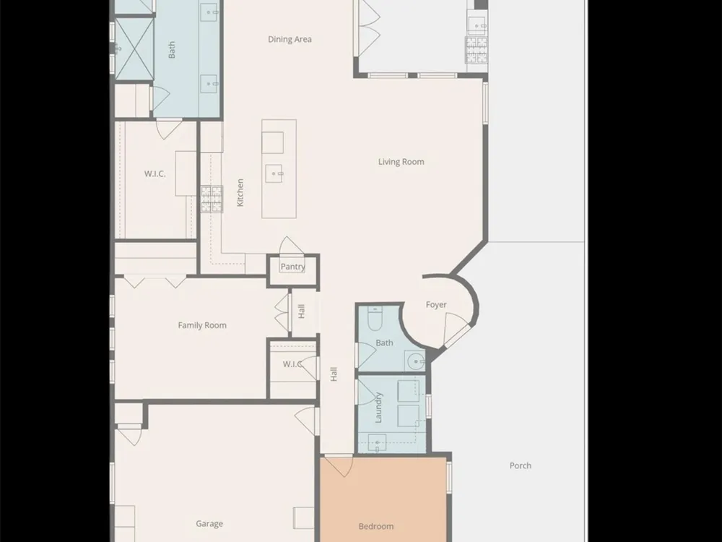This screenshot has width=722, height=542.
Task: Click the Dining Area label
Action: pyautogui.click(x=290, y=39)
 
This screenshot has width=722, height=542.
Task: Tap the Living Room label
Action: pyautogui.click(x=401, y=162)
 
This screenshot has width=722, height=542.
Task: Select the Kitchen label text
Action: pyautogui.click(x=240, y=193)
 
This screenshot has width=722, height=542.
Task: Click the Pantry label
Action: pyautogui.click(x=293, y=267)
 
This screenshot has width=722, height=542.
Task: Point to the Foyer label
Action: pyautogui.click(x=436, y=305)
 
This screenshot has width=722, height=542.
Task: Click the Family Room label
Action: pyautogui.click(x=202, y=325)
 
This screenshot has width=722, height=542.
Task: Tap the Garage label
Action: pyautogui.click(x=209, y=523)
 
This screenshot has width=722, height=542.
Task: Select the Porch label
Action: pyautogui.click(x=521, y=465)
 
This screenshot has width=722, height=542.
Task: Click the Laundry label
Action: pyautogui.click(x=378, y=408)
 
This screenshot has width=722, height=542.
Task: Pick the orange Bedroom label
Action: pyautogui.click(x=376, y=526)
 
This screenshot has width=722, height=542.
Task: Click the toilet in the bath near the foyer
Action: pyautogui.click(x=374, y=319)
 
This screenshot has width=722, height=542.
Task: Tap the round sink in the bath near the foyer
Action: pyautogui.click(x=417, y=361)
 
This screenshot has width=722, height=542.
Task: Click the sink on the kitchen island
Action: pyautogui.click(x=274, y=173)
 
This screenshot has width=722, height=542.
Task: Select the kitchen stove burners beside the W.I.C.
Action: pyautogui.click(x=212, y=199)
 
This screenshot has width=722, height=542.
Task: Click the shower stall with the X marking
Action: pyautogui.click(x=134, y=48)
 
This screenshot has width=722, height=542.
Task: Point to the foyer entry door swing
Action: pyautogui.click(x=456, y=329)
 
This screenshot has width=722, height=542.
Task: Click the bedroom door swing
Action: pyautogui.click(x=339, y=465)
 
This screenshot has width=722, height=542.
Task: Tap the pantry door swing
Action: pyautogui.click(x=291, y=246)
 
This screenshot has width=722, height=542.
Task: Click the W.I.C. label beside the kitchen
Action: pyautogui.click(x=155, y=173)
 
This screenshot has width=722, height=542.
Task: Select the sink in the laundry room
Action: pyautogui.click(x=377, y=443)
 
